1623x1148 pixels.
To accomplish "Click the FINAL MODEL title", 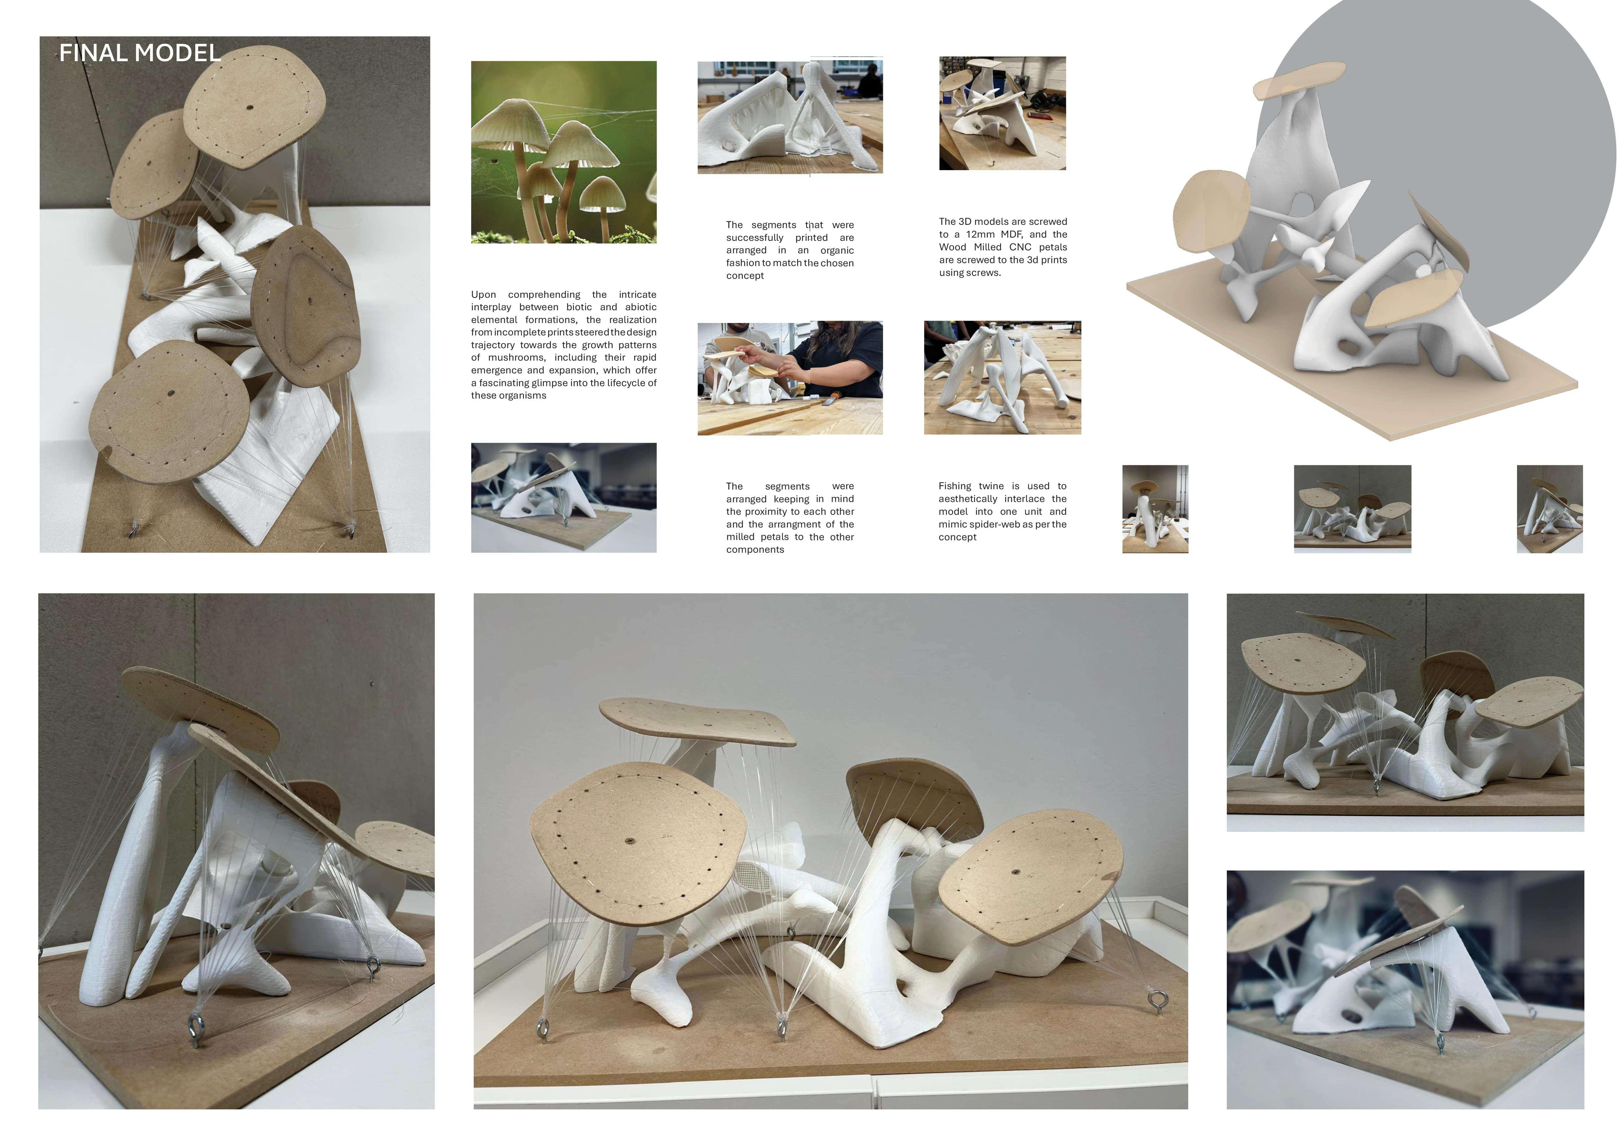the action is click(140, 53).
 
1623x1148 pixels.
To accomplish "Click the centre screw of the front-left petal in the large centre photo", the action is click(629, 841).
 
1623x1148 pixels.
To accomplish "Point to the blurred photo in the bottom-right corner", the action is click(1405, 990).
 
